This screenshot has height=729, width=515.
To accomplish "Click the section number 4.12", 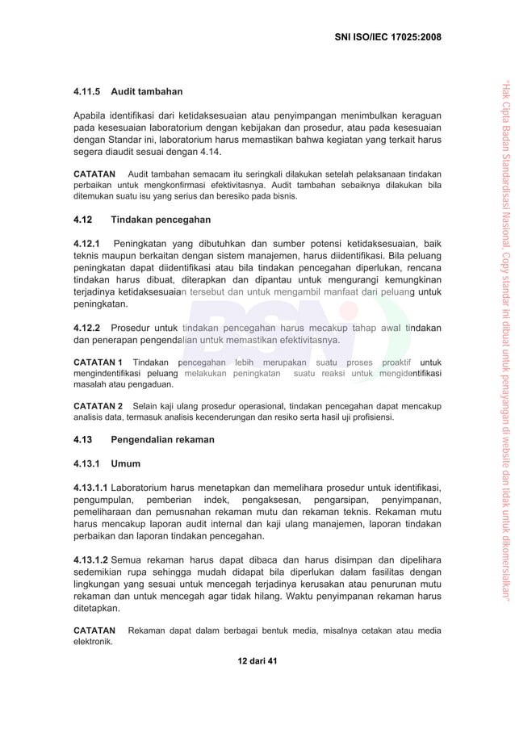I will [x=84, y=220].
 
